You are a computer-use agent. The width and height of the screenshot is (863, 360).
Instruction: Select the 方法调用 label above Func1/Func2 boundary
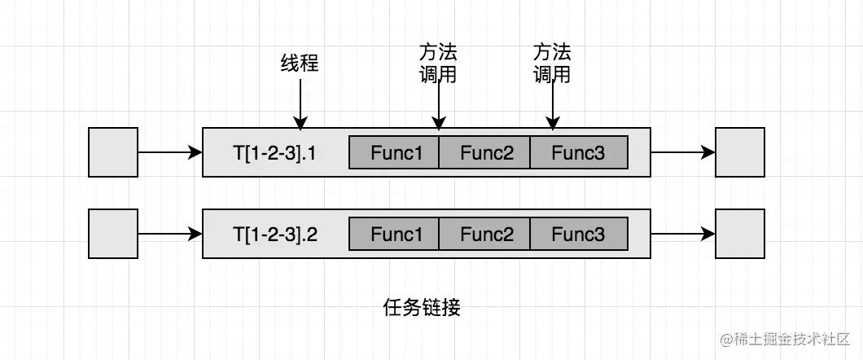(438, 64)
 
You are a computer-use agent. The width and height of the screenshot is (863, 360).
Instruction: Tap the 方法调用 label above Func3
(552, 64)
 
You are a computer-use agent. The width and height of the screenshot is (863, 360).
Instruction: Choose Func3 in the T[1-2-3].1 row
(579, 152)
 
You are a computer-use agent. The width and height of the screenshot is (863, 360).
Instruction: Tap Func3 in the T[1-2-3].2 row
(579, 235)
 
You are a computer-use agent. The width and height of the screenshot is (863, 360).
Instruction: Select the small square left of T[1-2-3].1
(112, 152)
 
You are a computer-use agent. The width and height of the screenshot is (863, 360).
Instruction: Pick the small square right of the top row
(740, 152)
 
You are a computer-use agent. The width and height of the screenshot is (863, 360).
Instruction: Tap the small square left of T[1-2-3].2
(112, 235)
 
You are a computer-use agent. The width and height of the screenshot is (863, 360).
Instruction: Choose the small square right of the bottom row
(740, 235)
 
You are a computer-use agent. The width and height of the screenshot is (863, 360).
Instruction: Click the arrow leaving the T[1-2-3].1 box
(682, 152)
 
